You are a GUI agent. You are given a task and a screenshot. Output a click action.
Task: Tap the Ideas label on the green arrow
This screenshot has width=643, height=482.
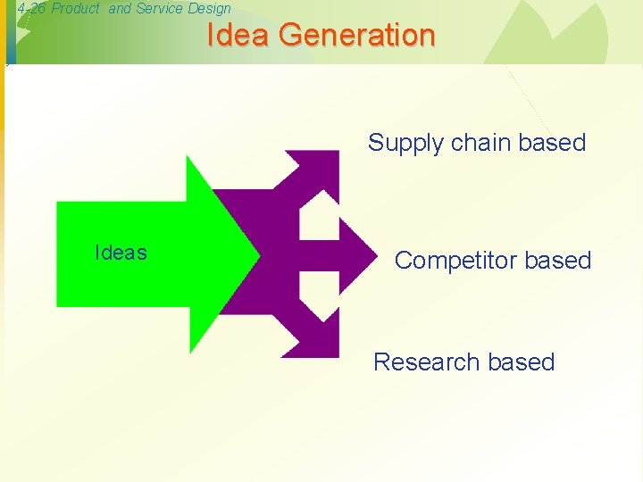point(121,253)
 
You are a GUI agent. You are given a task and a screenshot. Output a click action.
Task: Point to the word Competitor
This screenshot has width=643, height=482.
point(455,261)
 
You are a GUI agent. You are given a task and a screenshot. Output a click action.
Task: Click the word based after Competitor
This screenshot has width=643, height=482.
point(558,261)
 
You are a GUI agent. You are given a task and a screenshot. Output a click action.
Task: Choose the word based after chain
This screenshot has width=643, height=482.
point(552,143)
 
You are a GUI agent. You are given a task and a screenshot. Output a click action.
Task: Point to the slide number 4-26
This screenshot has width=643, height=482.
point(32,9)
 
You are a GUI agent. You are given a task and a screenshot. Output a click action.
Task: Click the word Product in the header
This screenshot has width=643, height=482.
point(76,9)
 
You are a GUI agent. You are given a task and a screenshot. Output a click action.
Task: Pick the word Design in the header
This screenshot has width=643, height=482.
point(210,9)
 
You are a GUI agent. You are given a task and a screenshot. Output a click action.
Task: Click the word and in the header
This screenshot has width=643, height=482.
point(120,9)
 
